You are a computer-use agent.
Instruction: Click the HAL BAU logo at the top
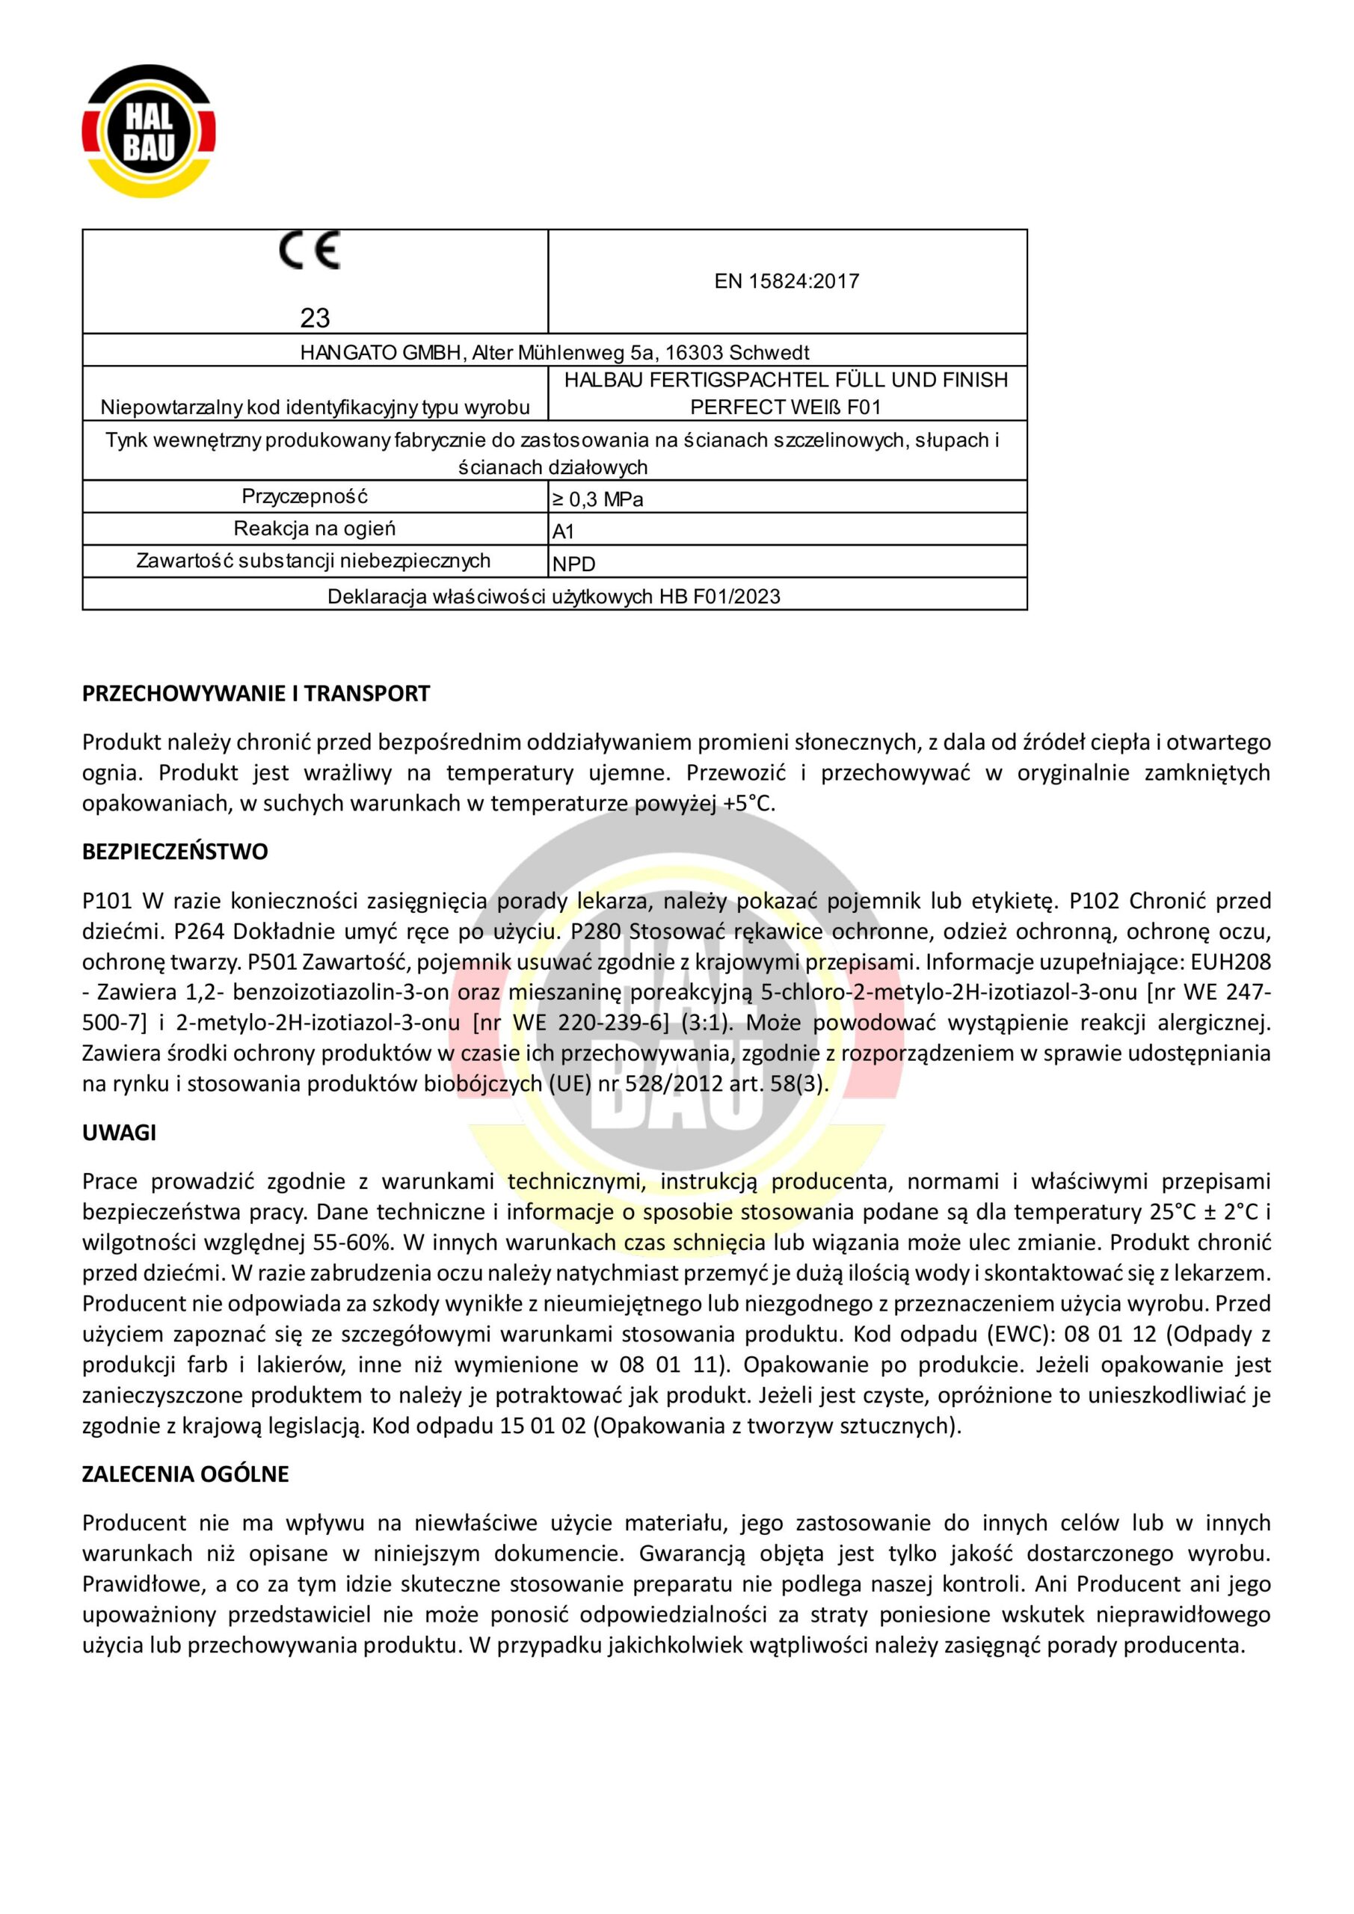(x=150, y=132)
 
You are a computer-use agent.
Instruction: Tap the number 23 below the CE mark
(x=316, y=318)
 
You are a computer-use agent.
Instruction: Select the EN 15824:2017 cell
(x=787, y=282)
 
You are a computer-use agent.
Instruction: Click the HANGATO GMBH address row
(x=555, y=352)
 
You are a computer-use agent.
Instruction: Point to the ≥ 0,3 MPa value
(x=597, y=500)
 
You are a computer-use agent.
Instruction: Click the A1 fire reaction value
(x=564, y=532)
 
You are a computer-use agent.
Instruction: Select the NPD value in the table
(x=573, y=564)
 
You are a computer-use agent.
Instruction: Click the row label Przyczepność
(x=304, y=497)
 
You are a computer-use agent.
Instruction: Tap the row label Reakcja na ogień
(x=314, y=529)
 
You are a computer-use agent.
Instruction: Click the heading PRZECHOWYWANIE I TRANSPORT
(x=256, y=694)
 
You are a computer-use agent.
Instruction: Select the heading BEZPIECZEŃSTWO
(x=175, y=852)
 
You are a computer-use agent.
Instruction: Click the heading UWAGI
(x=119, y=1133)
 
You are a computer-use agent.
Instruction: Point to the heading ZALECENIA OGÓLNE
(x=185, y=1474)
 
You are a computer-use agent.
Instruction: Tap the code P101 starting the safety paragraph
(x=108, y=901)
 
